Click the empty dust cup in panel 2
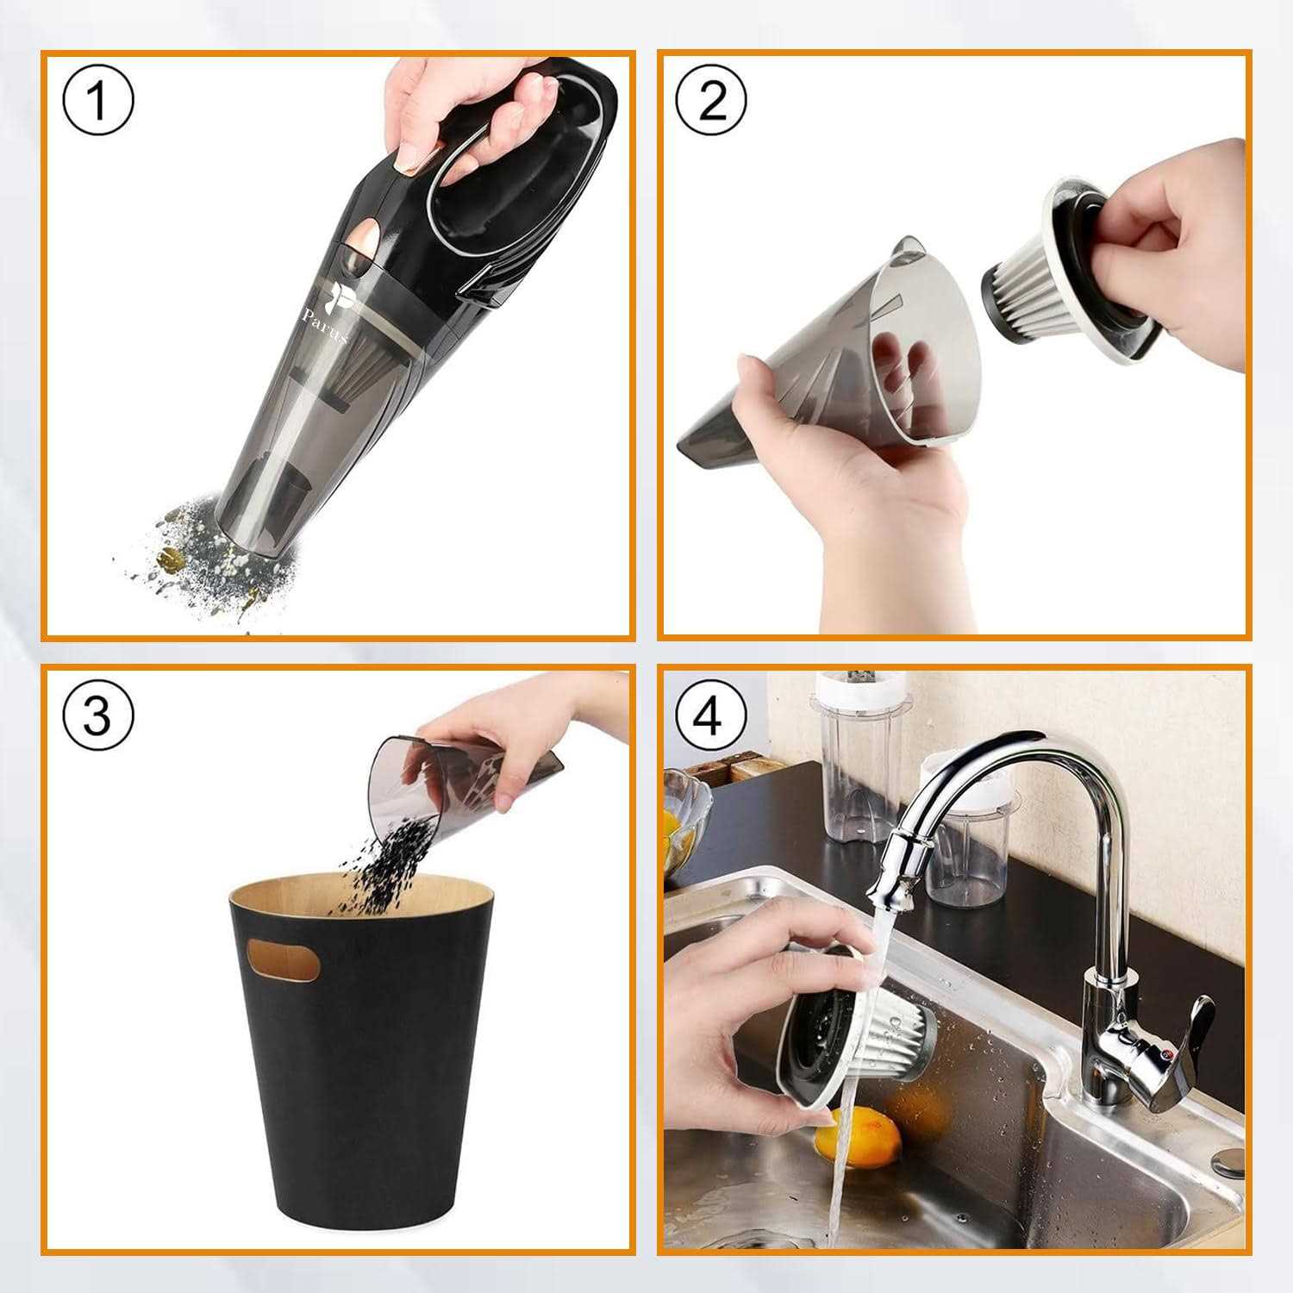click(x=828, y=379)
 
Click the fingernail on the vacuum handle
click(x=412, y=158)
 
